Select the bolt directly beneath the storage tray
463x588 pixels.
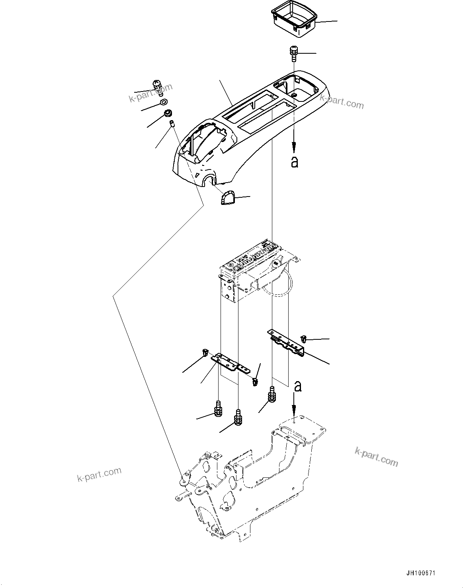(293, 53)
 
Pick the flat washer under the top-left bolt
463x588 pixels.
(164, 103)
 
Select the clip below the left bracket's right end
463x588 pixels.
(254, 382)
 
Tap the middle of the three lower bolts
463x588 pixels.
(238, 418)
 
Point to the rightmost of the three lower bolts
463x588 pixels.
(272, 395)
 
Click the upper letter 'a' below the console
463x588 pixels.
(294, 162)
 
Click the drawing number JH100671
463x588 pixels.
(421, 573)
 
